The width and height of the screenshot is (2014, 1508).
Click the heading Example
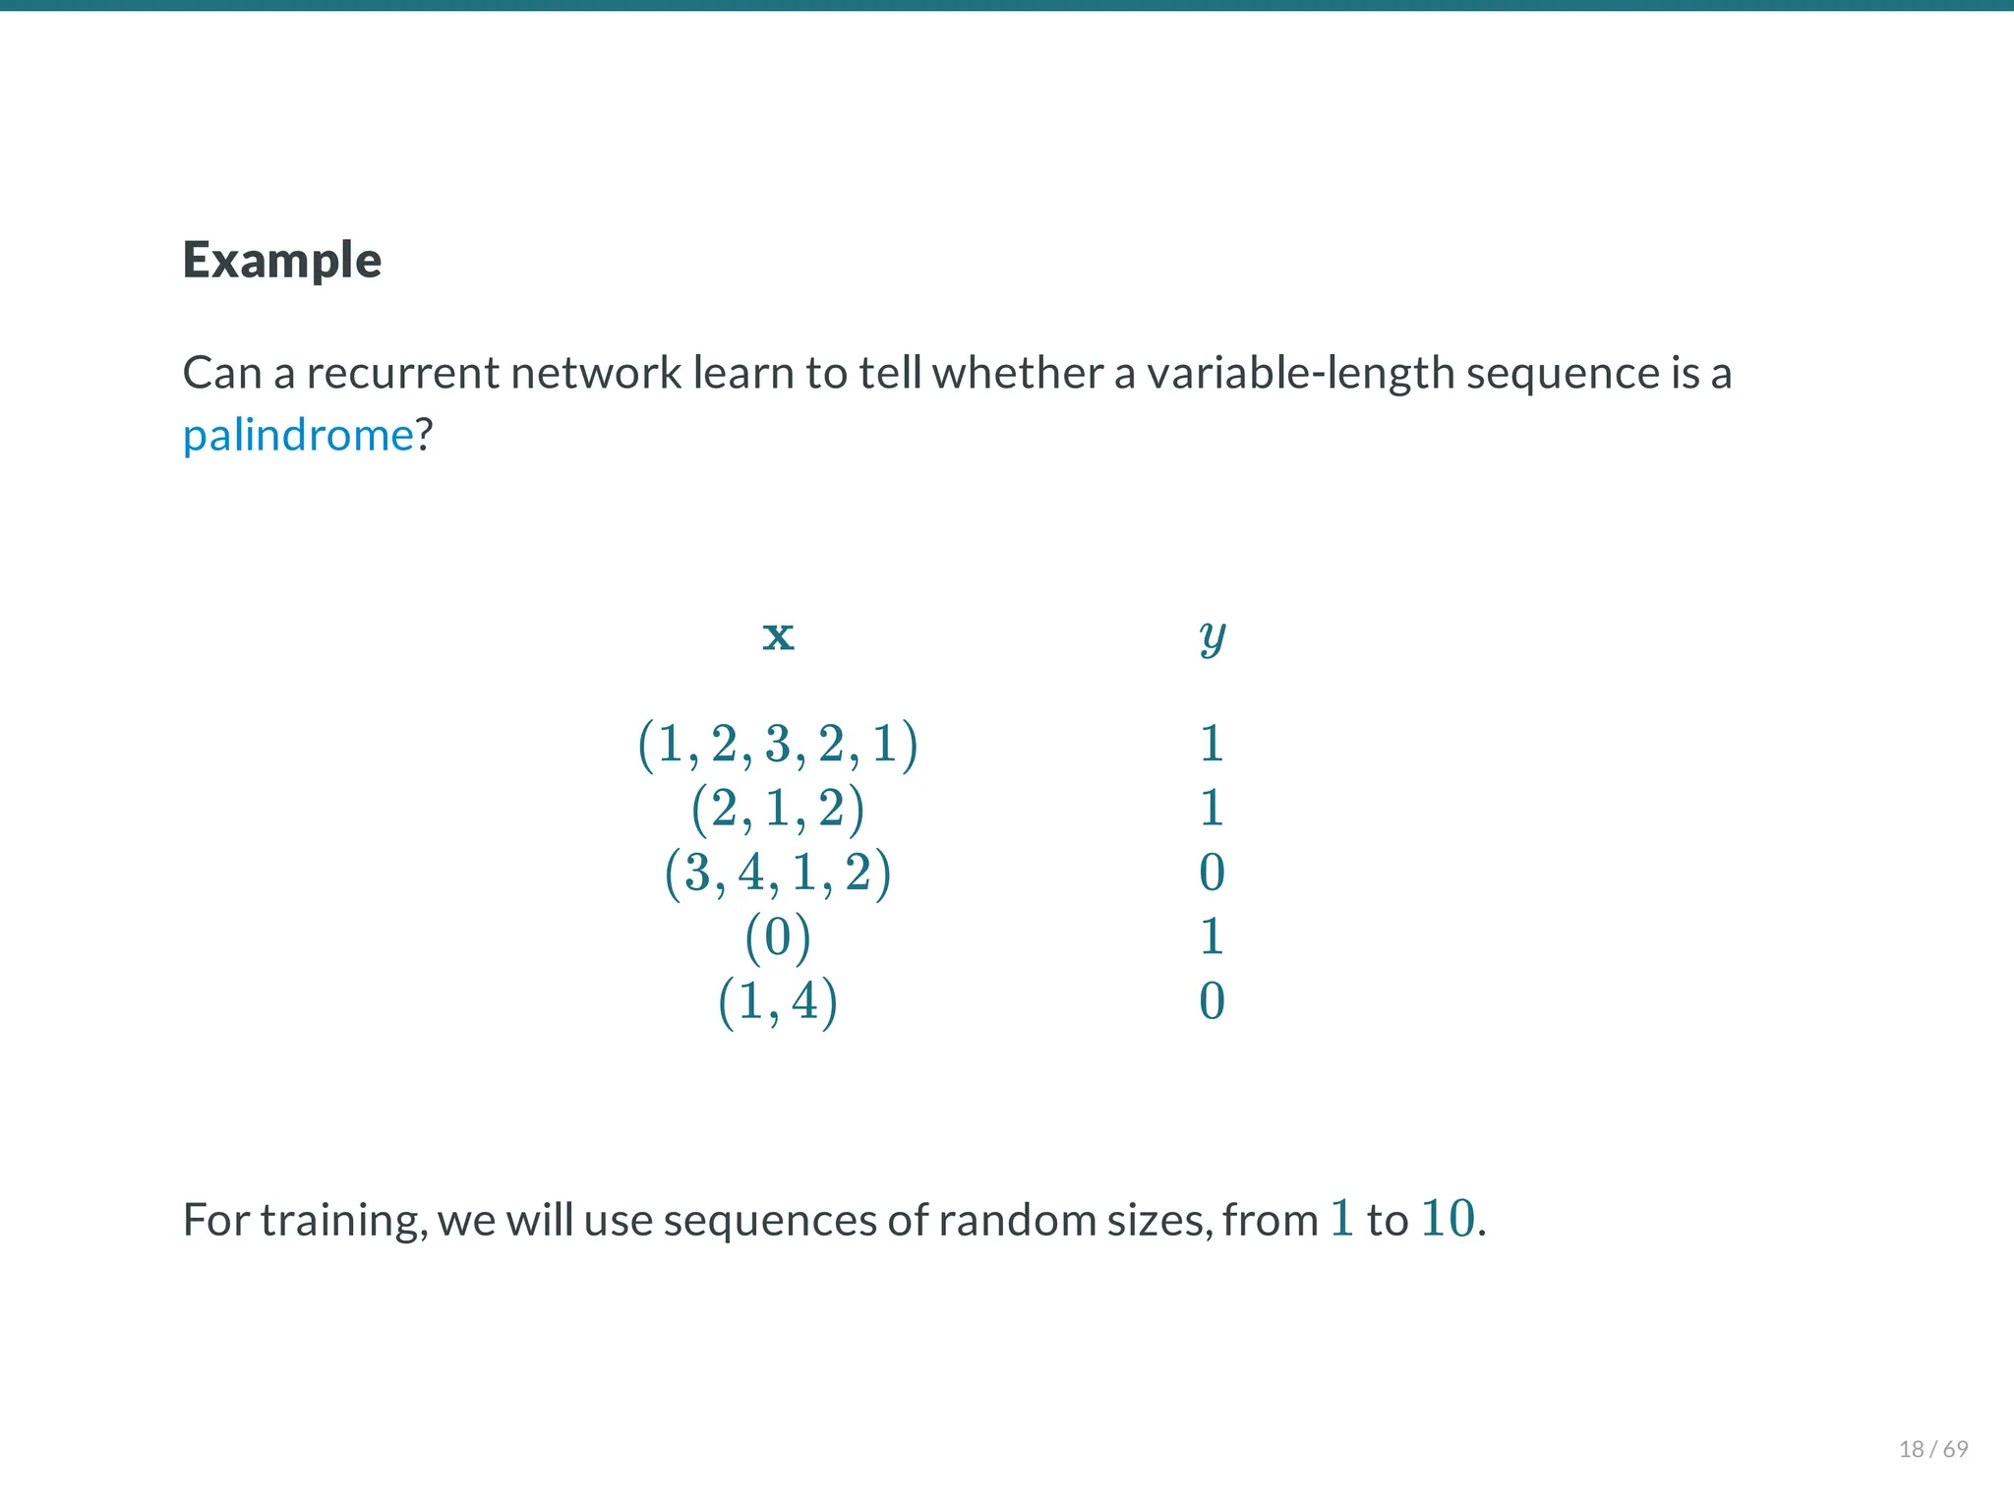[x=282, y=261]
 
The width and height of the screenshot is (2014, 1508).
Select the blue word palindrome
[x=298, y=435]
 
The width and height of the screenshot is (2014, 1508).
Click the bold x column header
[x=778, y=635]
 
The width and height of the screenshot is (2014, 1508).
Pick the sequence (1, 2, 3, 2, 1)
[x=778, y=744]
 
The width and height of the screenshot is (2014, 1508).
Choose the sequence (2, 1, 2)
[x=778, y=809]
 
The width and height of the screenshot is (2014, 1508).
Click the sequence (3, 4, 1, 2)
[x=778, y=873]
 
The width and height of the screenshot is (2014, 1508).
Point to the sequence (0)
[x=778, y=936]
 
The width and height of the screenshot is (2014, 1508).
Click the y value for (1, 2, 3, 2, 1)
[x=1212, y=744]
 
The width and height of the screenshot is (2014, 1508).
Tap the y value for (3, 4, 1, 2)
[x=1212, y=873]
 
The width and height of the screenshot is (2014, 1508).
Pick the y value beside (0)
[x=1212, y=936]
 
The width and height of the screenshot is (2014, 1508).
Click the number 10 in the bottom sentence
[x=1448, y=1219]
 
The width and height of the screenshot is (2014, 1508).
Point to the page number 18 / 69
[x=1933, y=1449]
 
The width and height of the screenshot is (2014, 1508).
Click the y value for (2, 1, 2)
[x=1212, y=809]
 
